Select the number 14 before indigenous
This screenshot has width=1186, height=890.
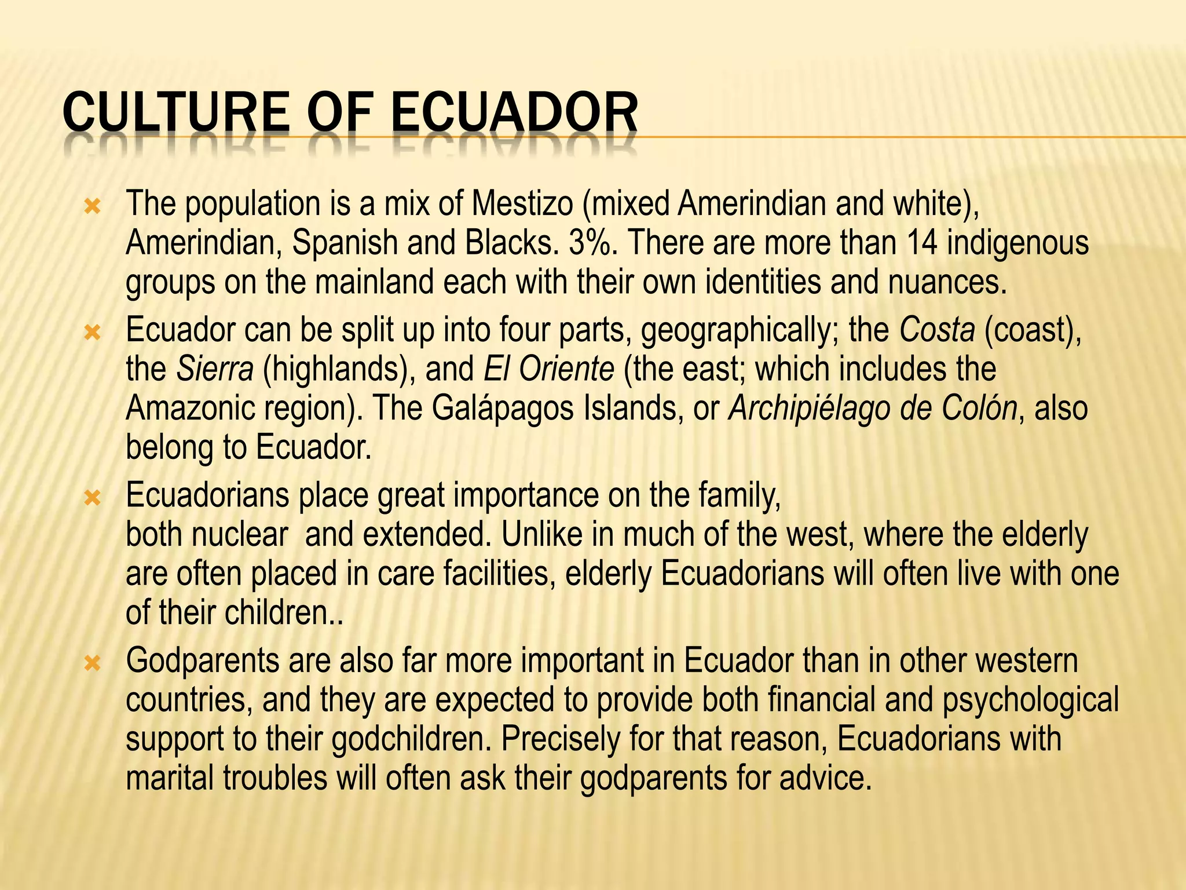922,243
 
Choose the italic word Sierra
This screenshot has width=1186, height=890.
215,369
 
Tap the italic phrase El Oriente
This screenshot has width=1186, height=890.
548,369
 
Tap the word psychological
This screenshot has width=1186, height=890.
1030,700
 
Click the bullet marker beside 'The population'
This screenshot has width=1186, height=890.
92,207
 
